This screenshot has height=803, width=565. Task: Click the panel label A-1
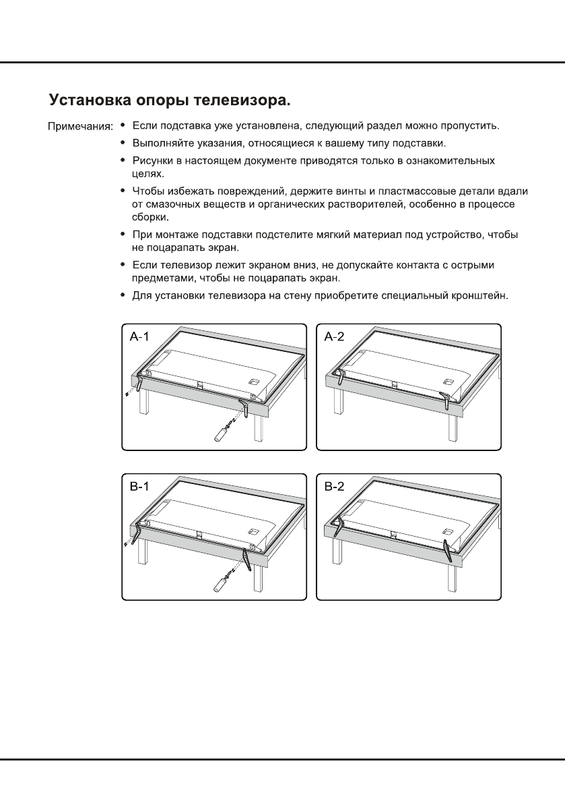[139, 336]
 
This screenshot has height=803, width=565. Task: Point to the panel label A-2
[334, 336]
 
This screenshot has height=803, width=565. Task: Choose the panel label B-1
[139, 487]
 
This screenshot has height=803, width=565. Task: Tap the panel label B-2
[334, 487]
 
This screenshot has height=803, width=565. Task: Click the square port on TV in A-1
[254, 381]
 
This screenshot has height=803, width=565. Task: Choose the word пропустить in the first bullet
[469, 126]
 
